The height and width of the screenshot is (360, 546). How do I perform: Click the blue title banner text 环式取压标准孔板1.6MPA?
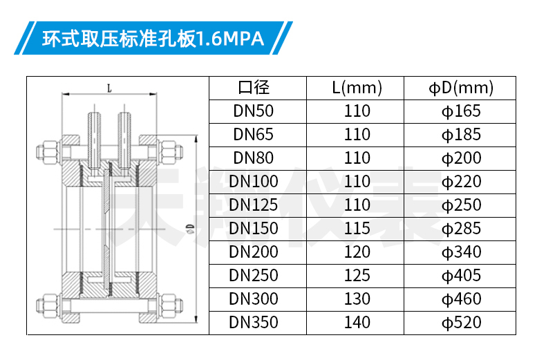153,38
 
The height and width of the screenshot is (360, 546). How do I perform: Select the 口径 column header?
254,87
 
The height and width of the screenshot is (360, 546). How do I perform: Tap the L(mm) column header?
357,87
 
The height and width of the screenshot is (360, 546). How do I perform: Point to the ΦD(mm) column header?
461,88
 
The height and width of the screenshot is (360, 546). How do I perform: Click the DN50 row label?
254,111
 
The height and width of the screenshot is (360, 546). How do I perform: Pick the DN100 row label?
254,182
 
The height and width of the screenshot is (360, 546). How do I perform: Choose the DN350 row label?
254,323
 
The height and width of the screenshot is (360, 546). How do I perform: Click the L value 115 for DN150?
357,229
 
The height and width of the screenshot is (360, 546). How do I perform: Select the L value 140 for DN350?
357,323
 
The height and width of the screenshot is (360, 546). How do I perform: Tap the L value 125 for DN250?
357,276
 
